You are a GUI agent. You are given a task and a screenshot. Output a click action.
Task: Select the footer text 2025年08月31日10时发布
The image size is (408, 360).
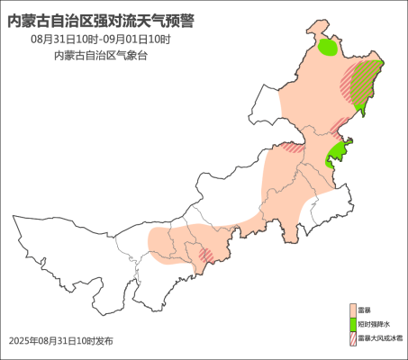point(61,341)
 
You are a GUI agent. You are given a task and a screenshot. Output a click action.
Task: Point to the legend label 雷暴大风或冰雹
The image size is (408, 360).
point(379,338)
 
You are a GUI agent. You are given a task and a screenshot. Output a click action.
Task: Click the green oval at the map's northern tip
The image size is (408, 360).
point(329,46)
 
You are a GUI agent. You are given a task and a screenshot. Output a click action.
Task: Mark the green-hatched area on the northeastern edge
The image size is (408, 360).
point(365,81)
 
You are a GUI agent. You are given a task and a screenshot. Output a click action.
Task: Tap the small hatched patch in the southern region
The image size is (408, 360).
point(205,255)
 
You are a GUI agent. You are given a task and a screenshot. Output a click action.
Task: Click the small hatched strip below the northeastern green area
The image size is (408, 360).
point(339,124)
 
